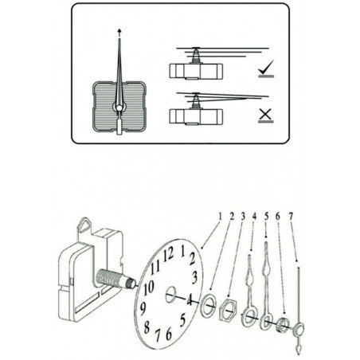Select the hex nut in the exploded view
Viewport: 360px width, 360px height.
[x=226, y=308]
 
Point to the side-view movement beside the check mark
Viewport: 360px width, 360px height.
[x=194, y=68]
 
